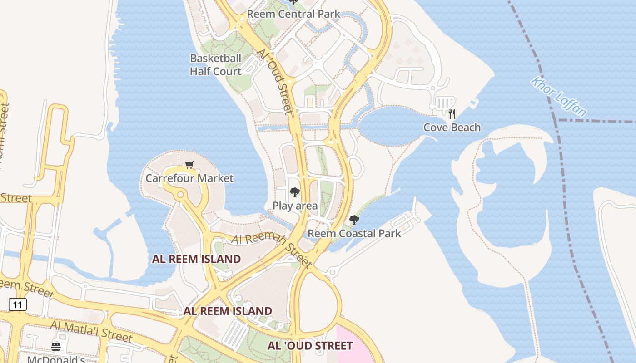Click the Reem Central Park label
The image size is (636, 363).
pyautogui.click(x=293, y=14)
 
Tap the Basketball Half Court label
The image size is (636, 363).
pyautogui.click(x=215, y=65)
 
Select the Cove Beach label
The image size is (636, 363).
pyautogui.click(x=452, y=128)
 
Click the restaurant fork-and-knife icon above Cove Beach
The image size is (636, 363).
pyautogui.click(x=452, y=113)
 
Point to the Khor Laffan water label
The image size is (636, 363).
pyautogui.click(x=558, y=97)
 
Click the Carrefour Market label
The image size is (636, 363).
pyautogui.click(x=189, y=178)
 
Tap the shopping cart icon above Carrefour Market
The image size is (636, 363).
pyautogui.click(x=189, y=165)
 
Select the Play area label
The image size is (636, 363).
pyautogui.click(x=295, y=206)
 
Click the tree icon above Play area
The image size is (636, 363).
pyautogui.click(x=294, y=192)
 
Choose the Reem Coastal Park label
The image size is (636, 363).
pyautogui.click(x=354, y=234)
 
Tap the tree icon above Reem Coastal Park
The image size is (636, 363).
pyautogui.click(x=354, y=221)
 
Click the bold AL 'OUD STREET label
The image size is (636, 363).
pyautogui.click(x=310, y=346)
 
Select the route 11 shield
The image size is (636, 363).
pyautogui.click(x=17, y=304)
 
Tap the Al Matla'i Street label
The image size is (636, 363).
pyautogui.click(x=91, y=332)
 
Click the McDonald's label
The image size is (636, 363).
pyautogui.click(x=56, y=359)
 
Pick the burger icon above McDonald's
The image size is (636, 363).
pyautogui.click(x=56, y=347)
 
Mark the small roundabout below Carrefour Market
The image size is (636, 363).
pyautogui.click(x=180, y=195)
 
